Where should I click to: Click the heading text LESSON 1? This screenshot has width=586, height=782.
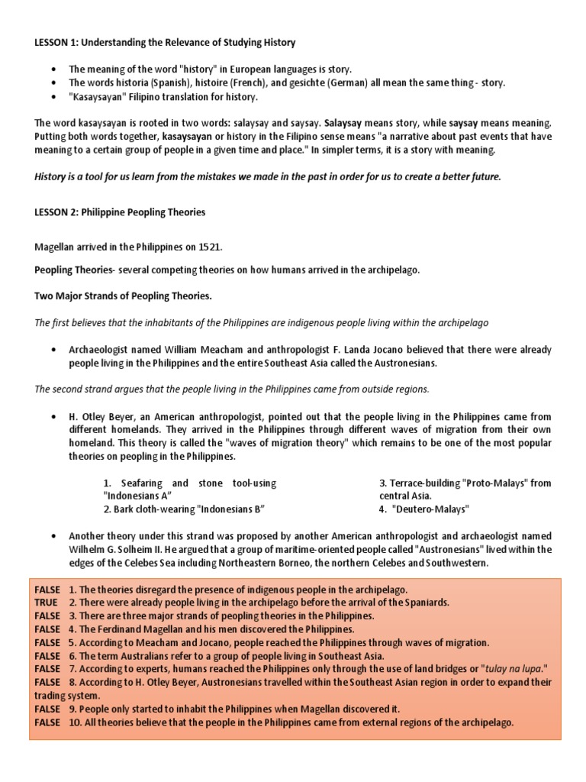57,42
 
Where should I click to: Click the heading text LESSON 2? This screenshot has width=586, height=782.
57,212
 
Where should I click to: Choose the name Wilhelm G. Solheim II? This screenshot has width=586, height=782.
111,549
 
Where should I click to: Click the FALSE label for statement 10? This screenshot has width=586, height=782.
47,722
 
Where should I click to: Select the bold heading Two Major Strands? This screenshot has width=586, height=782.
124,295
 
